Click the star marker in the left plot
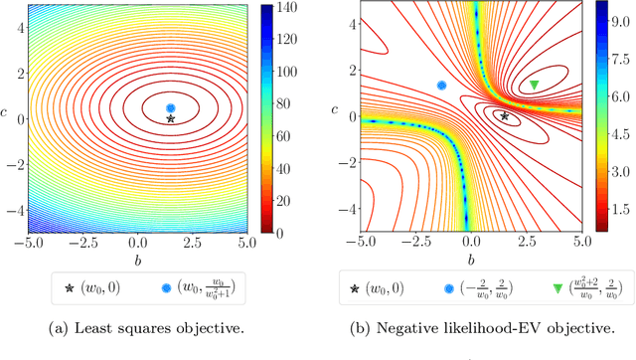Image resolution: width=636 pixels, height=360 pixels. (171, 118)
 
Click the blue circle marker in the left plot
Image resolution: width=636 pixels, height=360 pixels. (171, 107)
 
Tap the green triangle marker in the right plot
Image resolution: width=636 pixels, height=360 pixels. (535, 86)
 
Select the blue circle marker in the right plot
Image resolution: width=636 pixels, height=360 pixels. (442, 86)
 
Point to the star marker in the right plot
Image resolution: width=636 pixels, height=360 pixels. (505, 116)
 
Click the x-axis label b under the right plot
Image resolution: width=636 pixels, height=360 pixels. (471, 256)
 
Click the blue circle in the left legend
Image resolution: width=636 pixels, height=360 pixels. (166, 288)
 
